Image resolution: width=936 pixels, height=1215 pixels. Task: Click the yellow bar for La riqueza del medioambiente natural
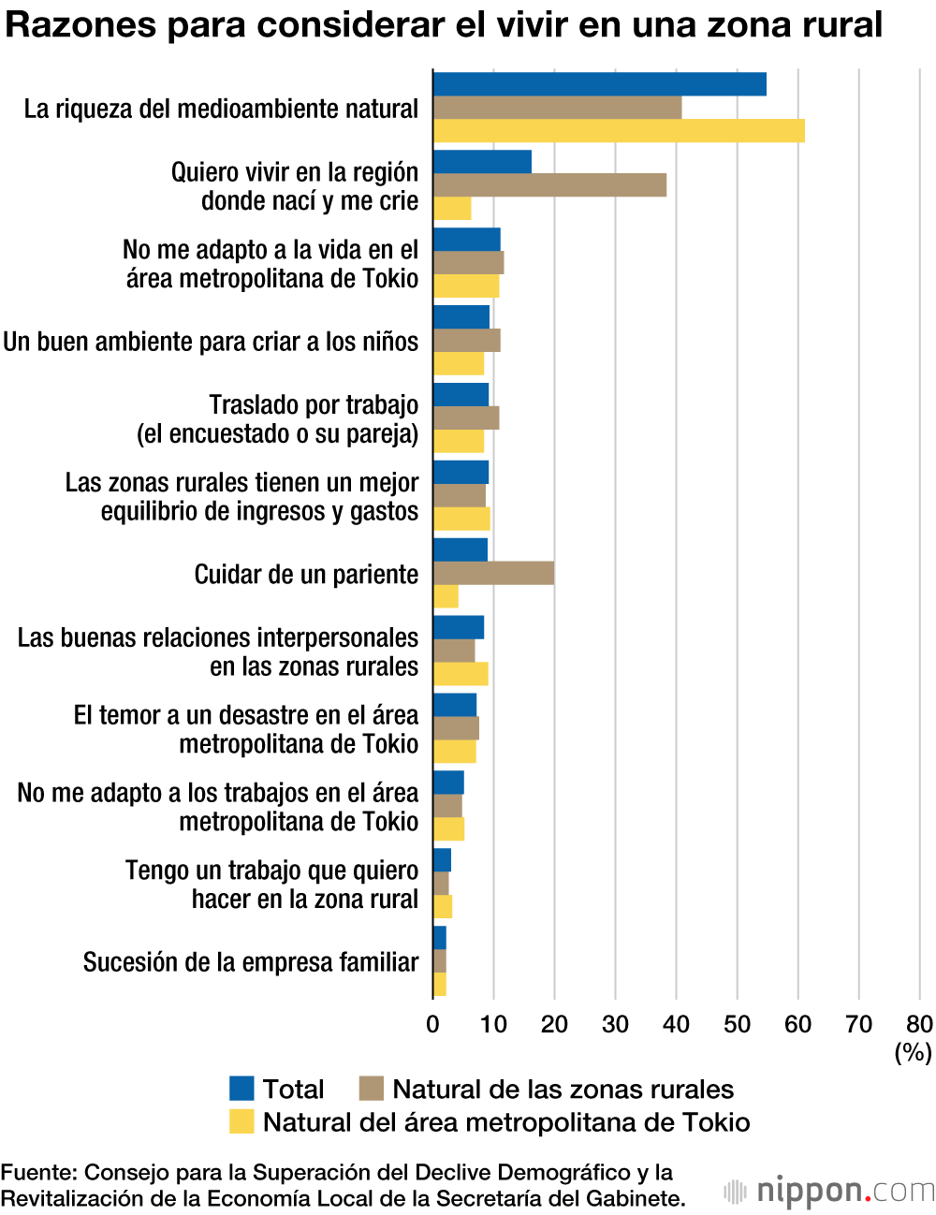618,131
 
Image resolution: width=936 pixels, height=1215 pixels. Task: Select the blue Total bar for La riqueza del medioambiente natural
599,84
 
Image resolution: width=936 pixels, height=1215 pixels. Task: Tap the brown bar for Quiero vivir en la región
549,185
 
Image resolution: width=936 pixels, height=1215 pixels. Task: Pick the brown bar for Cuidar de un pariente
493,574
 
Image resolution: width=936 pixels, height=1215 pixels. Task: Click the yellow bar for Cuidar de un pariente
446,596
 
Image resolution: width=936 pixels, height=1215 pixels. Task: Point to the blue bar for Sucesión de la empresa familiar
440,938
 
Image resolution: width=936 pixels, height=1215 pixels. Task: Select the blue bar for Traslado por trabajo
461,395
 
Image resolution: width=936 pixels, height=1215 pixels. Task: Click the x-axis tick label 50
737,1024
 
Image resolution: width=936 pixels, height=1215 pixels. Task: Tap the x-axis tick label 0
432,1024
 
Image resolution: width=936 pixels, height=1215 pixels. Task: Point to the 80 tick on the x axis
919,1024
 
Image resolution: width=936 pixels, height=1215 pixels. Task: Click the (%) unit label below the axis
913,1052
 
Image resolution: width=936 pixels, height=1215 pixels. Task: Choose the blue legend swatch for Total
241,1089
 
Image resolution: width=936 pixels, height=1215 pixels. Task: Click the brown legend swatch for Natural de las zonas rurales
372,1089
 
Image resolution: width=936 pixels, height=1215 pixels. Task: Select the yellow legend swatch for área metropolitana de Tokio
241,1121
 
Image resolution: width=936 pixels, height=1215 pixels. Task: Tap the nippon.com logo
828,1191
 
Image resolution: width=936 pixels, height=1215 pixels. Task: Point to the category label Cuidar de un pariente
306,575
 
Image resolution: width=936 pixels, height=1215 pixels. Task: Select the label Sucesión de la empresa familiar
251,962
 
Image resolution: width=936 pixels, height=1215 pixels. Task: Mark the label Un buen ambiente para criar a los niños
211,342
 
